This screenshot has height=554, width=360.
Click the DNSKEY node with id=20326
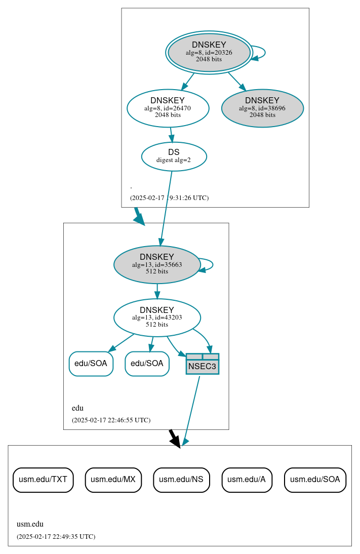(209, 52)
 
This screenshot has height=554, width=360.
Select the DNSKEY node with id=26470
(168, 108)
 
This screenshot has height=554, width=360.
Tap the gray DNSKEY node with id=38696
(262, 108)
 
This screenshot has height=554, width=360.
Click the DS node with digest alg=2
(174, 156)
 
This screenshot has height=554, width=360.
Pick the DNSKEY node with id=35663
(157, 264)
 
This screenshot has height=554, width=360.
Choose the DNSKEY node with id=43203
(157, 318)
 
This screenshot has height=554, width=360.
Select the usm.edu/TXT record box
(43, 480)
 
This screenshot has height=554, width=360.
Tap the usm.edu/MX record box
(113, 480)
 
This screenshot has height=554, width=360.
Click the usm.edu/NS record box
(181, 480)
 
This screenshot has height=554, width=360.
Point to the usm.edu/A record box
(247, 480)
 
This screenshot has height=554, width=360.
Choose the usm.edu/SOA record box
(315, 480)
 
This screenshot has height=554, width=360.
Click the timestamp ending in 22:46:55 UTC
(111, 420)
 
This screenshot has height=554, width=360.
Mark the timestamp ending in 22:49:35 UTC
(56, 536)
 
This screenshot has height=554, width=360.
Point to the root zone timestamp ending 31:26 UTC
(169, 198)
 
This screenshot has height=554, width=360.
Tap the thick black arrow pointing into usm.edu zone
(174, 438)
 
